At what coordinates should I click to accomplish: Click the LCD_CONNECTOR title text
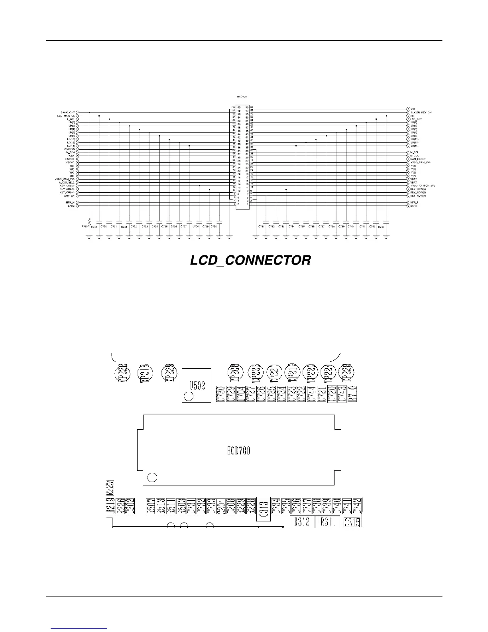coord(250,261)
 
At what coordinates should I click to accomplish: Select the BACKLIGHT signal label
coord(68,113)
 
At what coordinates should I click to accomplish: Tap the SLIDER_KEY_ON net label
coord(421,113)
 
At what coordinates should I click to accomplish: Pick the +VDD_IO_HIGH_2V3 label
coord(423,186)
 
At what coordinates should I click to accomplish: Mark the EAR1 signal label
coord(414,206)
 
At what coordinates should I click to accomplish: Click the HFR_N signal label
coord(71,202)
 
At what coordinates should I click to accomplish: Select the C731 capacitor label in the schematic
coord(262,227)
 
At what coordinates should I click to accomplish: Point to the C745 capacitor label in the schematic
coord(381,227)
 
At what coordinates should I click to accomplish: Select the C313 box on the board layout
coord(264,509)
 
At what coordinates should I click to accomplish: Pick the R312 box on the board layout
coord(302,522)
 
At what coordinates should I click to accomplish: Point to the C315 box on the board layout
coord(352,522)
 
